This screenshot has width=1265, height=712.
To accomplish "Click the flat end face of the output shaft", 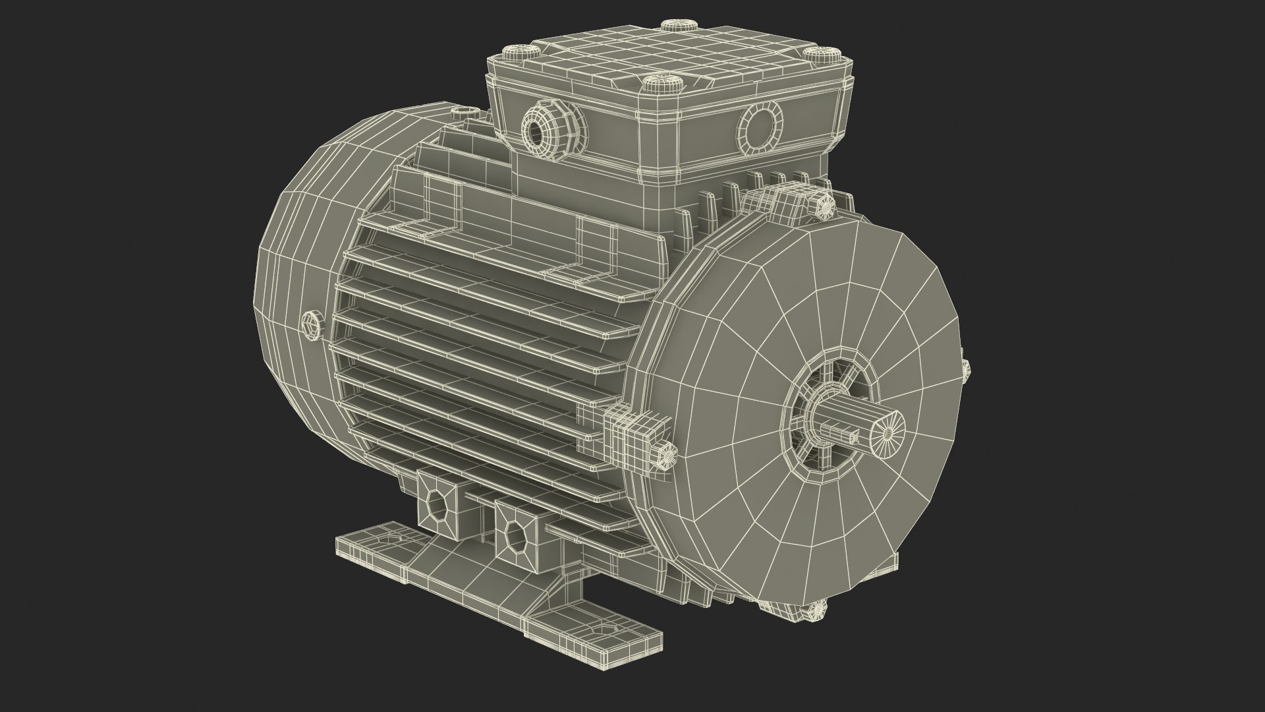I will pyautogui.click(x=887, y=432).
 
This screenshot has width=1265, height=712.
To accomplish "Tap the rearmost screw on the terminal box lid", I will pyautogui.click(x=677, y=26).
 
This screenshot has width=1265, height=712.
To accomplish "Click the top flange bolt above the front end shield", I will pyautogui.click(x=824, y=206).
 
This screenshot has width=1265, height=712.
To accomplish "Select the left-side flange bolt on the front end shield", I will pyautogui.click(x=667, y=455).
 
